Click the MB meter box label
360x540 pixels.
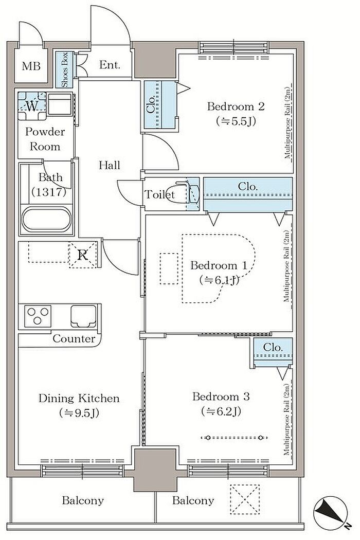click(x=31, y=66)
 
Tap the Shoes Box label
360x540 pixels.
click(x=65, y=70)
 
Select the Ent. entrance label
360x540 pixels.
click(x=110, y=64)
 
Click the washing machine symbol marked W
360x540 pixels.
click(x=32, y=106)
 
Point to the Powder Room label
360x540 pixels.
click(x=45, y=139)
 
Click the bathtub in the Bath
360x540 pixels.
click(x=46, y=220)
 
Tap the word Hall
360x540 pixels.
click(x=110, y=165)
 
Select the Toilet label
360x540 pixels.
click(x=159, y=194)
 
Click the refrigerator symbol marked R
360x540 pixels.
click(x=83, y=255)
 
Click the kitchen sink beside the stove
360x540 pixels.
click(x=83, y=316)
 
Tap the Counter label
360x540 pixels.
click(x=74, y=338)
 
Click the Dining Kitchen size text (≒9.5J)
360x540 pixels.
click(x=79, y=412)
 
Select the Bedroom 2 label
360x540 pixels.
click(x=236, y=106)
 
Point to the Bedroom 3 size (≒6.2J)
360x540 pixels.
click(x=221, y=411)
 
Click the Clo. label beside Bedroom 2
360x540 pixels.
click(x=151, y=105)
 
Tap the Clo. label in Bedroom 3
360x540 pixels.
click(x=273, y=347)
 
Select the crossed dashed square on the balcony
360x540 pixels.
click(x=245, y=499)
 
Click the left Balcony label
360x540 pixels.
click(x=83, y=500)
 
